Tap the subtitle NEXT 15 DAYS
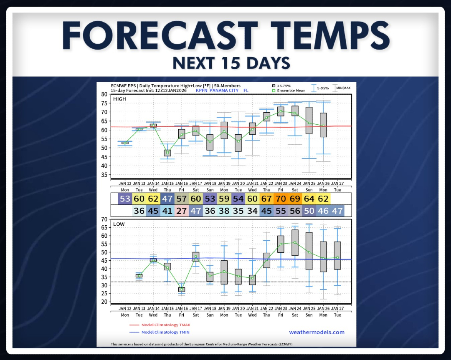tap(231, 63)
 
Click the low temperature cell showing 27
tap(182, 211)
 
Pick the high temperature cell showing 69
tap(295, 198)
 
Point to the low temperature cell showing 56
tap(295, 211)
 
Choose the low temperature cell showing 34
tap(253, 211)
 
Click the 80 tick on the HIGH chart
tap(104, 94)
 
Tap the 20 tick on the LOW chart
tap(104, 302)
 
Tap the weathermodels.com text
tap(317, 332)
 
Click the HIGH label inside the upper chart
tap(119, 99)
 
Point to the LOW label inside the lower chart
tap(119, 224)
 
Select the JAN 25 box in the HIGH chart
tap(309, 121)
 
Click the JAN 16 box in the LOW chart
tap(182, 289)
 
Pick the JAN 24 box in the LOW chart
tap(295, 242)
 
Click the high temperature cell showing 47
tap(167, 198)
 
